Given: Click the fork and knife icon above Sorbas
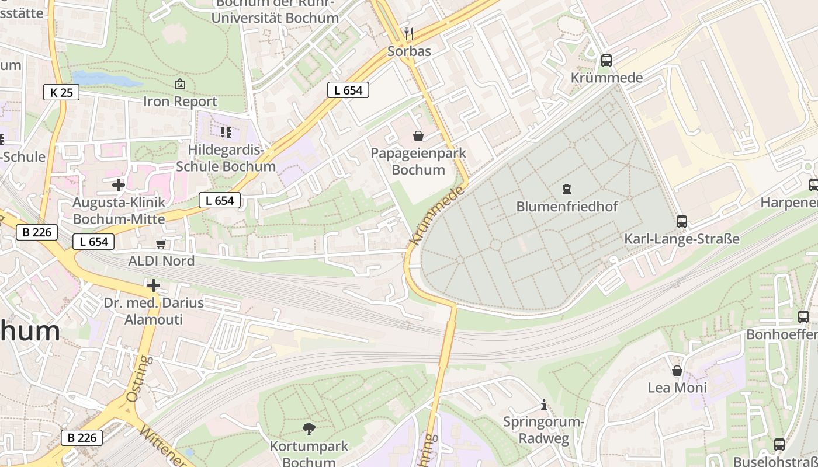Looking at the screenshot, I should pos(409,34).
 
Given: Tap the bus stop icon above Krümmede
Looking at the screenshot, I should pos(606,61).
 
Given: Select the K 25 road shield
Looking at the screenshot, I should pos(61,92).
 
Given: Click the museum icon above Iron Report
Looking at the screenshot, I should pos(180,85).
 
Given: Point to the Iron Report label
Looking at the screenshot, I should pos(180,102).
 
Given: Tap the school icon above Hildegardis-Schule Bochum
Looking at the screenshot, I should pos(226,133).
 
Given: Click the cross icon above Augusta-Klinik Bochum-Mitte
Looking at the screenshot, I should pos(119,185).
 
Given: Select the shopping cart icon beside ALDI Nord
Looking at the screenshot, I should pos(161,243).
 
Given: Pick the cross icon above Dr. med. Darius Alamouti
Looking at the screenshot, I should pos(154,285).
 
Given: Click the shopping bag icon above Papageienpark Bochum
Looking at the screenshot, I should pos(418,137).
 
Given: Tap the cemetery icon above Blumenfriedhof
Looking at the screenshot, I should pos(566,189).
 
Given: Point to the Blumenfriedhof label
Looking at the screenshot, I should pos(567,207).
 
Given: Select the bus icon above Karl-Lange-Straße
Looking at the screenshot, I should pos(682,222).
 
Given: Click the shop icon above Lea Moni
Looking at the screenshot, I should pos(677,371).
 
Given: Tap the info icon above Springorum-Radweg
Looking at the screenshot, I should pos(544,405).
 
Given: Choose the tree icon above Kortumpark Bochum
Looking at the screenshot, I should pos(309,430).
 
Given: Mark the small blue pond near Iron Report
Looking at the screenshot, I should pos(105,79).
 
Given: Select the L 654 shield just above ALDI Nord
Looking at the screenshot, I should pos(93,241).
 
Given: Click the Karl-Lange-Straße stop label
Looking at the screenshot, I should pos(682,239).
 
